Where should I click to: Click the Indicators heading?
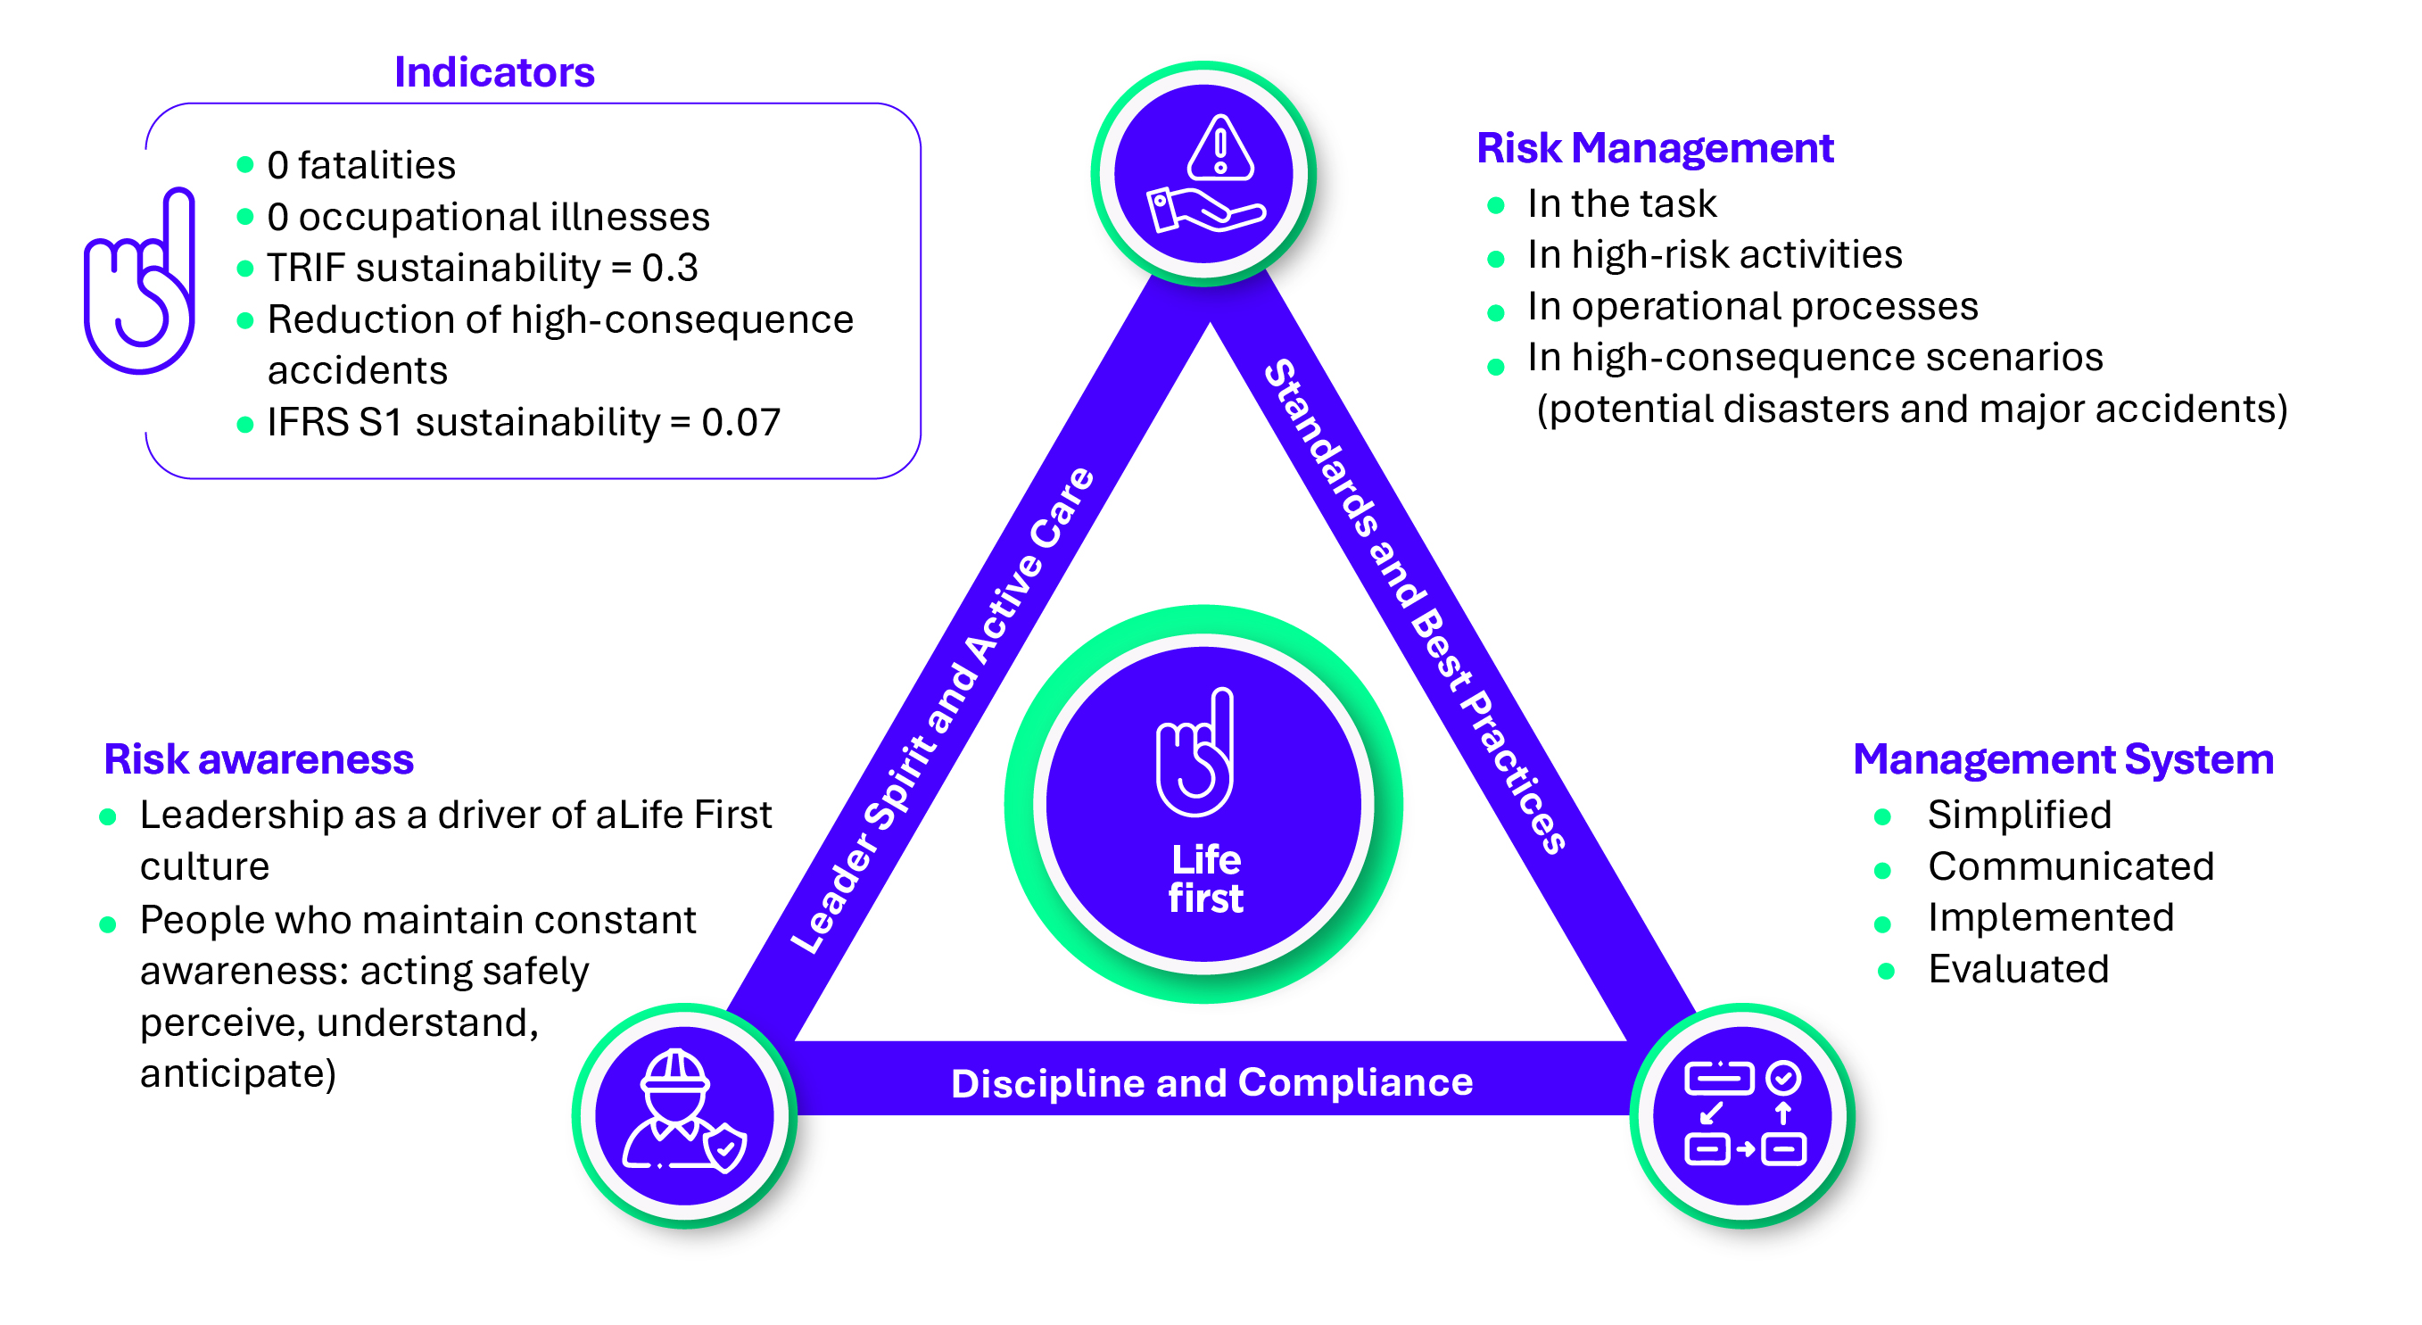click(x=493, y=72)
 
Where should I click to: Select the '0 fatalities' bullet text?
click(x=361, y=165)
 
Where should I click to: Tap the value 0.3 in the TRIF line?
click(x=669, y=268)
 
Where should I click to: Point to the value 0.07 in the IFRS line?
click(x=741, y=422)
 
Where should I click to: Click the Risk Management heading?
click(x=1655, y=149)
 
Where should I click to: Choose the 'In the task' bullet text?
click(x=1622, y=204)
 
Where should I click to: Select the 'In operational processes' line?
click(x=1753, y=307)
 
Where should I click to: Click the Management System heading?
click(x=2062, y=760)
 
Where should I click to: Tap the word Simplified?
click(x=2020, y=815)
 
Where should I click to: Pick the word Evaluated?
click(x=2019, y=970)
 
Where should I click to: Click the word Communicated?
click(x=2071, y=866)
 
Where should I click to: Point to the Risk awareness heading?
click(x=259, y=760)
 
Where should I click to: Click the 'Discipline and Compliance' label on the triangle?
click(x=1212, y=1083)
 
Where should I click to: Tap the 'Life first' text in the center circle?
click(x=1205, y=879)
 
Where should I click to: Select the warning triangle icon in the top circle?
click(x=1220, y=146)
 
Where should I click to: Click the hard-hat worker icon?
click(x=684, y=1112)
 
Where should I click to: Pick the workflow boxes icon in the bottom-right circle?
click(x=1745, y=1114)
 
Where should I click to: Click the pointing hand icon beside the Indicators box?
click(x=139, y=282)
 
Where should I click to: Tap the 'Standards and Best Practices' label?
click(x=1415, y=607)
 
